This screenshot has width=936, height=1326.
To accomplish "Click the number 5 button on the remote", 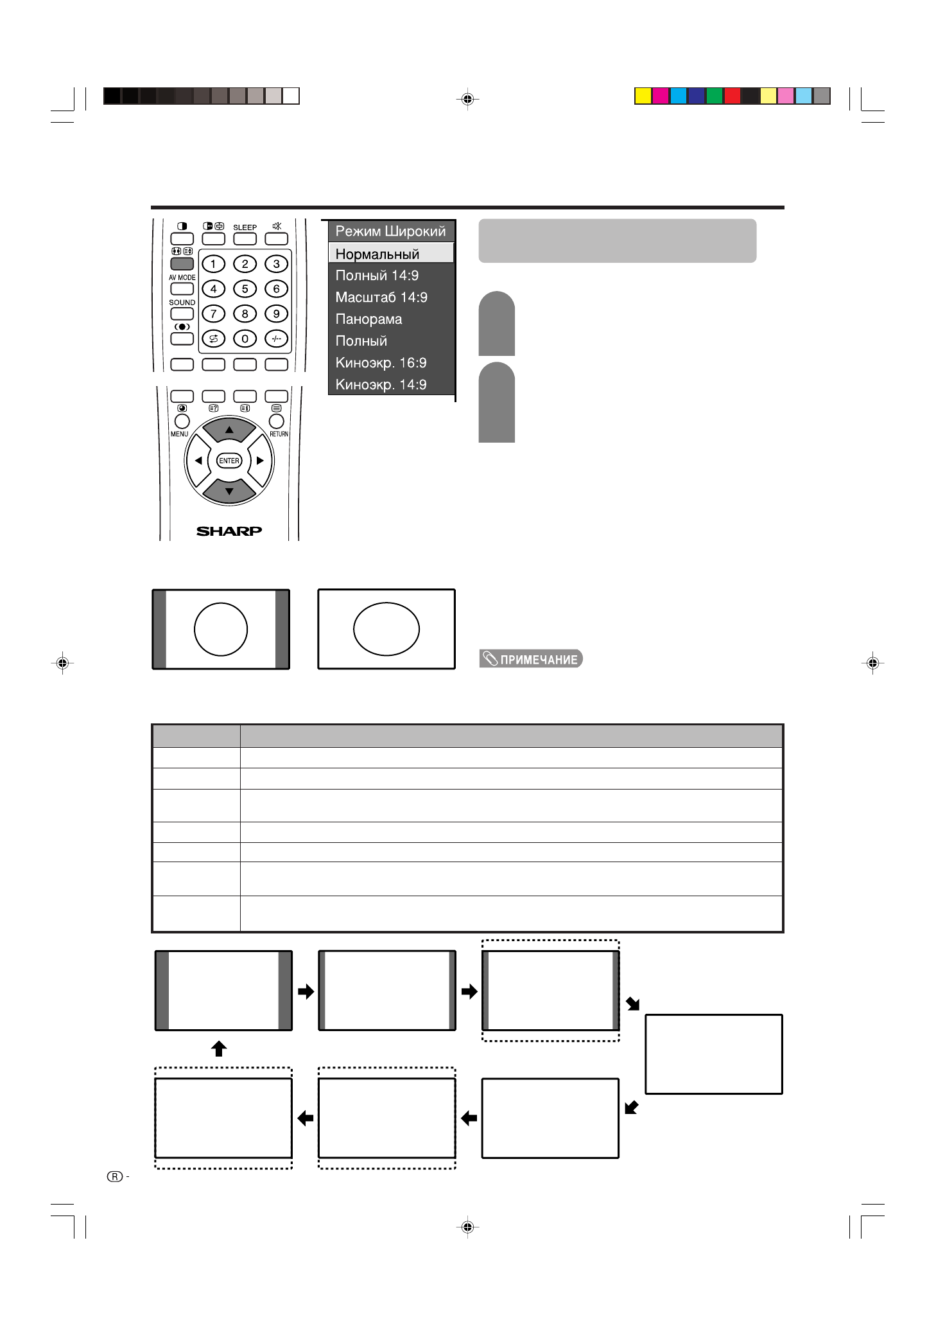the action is (x=245, y=288).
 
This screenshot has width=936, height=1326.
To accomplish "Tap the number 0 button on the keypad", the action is (x=245, y=339).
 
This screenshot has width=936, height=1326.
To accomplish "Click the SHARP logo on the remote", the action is (x=229, y=531).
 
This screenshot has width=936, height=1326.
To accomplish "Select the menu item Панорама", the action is (x=368, y=319).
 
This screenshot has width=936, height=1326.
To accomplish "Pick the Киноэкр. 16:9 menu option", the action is (x=381, y=363).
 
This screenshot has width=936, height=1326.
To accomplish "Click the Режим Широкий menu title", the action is (x=390, y=231).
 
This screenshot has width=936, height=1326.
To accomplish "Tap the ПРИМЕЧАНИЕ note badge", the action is (x=531, y=659).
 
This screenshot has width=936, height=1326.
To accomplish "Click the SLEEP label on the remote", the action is (x=245, y=227).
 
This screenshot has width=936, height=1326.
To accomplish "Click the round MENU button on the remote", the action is (x=182, y=421).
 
